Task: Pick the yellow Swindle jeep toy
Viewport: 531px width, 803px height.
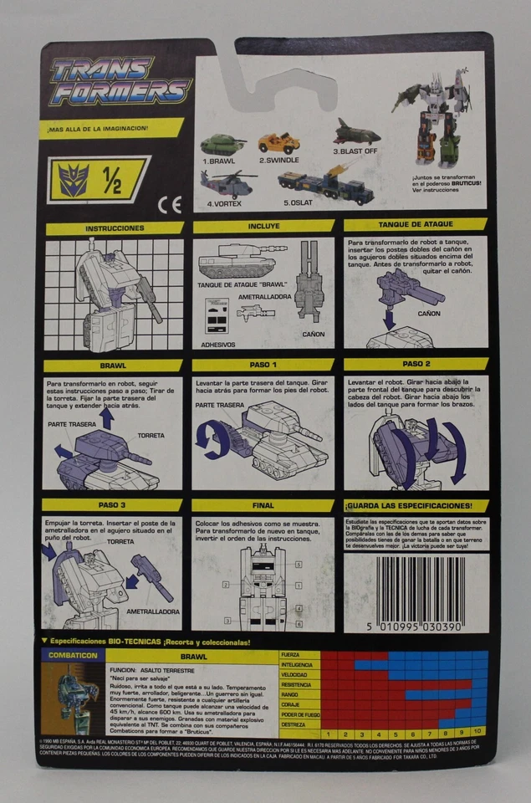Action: [279, 141]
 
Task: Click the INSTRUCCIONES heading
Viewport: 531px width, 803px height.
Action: [115, 228]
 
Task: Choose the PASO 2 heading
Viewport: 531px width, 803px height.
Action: [415, 365]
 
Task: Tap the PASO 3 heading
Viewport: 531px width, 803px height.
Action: [113, 506]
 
